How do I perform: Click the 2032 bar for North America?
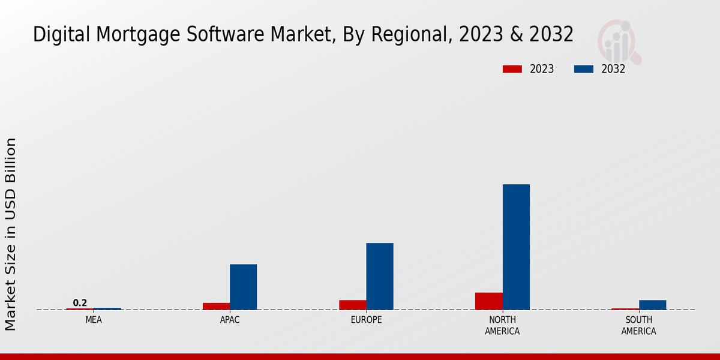pyautogui.click(x=516, y=247)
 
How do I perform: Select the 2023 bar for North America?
pyautogui.click(x=488, y=301)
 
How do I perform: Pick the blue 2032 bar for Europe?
pyautogui.click(x=380, y=276)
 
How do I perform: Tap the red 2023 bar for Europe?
pyautogui.click(x=352, y=305)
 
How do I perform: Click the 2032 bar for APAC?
pyautogui.click(x=243, y=287)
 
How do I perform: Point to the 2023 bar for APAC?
pyautogui.click(x=216, y=306)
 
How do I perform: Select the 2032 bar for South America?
pyautogui.click(x=652, y=305)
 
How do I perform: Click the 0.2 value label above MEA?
pyautogui.click(x=80, y=302)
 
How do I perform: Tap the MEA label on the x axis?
pyautogui.click(x=94, y=320)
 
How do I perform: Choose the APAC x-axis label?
pyautogui.click(x=230, y=320)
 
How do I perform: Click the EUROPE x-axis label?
pyautogui.click(x=366, y=320)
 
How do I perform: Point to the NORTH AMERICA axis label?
pyautogui.click(x=502, y=325)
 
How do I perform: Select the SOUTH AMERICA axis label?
pyautogui.click(x=638, y=325)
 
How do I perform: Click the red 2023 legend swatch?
pyautogui.click(x=512, y=69)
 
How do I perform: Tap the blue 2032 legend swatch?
pyautogui.click(x=583, y=69)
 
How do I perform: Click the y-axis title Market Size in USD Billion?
pyautogui.click(x=11, y=234)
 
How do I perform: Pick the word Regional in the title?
pyautogui.click(x=410, y=35)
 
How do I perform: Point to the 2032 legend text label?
pyautogui.click(x=613, y=69)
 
